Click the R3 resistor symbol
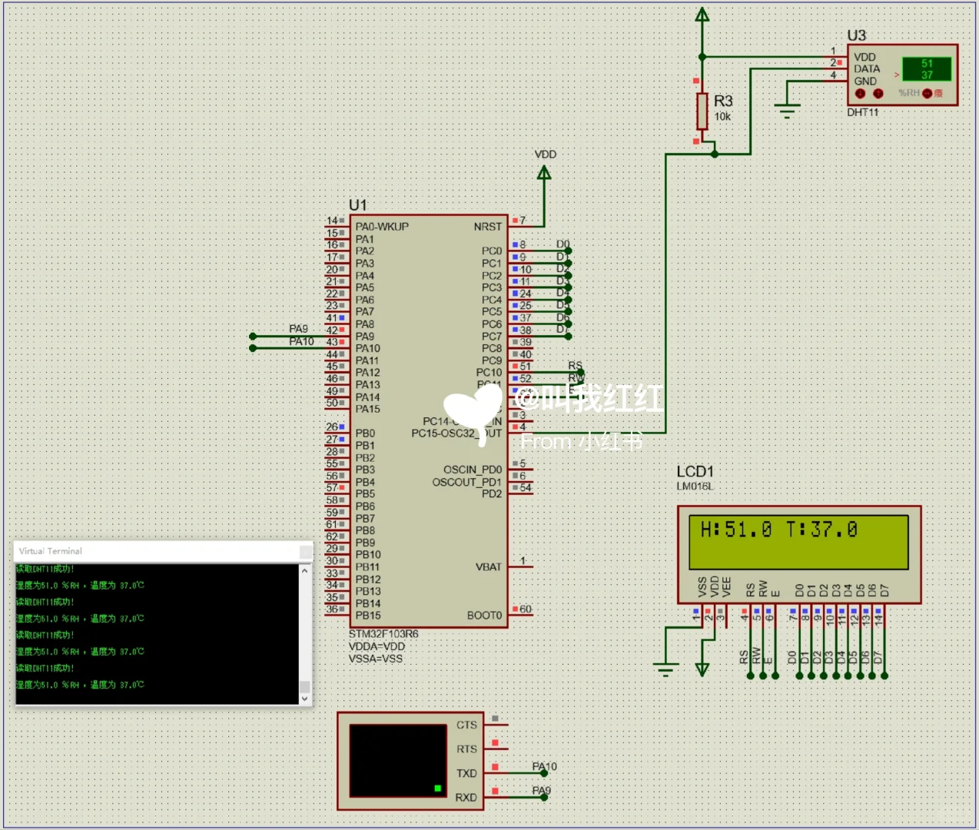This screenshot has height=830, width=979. [702, 111]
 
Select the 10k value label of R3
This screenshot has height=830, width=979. [722, 117]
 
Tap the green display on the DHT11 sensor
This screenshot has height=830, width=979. [926, 69]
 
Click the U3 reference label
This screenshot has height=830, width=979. [856, 35]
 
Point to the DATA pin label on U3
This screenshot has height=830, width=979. [867, 68]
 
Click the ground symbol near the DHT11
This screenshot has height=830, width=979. [787, 110]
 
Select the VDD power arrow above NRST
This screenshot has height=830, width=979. [544, 173]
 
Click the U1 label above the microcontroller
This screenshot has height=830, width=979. [357, 205]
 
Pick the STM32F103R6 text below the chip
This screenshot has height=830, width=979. [383, 634]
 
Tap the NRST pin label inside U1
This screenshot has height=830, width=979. [487, 227]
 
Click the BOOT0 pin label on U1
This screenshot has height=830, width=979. [484, 616]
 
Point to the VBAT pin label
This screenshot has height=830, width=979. [488, 567]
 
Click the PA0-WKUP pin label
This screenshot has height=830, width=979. [382, 227]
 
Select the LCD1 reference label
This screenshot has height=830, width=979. [695, 471]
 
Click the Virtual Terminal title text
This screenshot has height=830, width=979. [50, 551]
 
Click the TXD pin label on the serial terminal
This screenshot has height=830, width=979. [466, 773]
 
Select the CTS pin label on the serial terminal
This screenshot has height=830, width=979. [466, 725]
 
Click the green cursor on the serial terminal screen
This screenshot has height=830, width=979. [437, 788]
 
